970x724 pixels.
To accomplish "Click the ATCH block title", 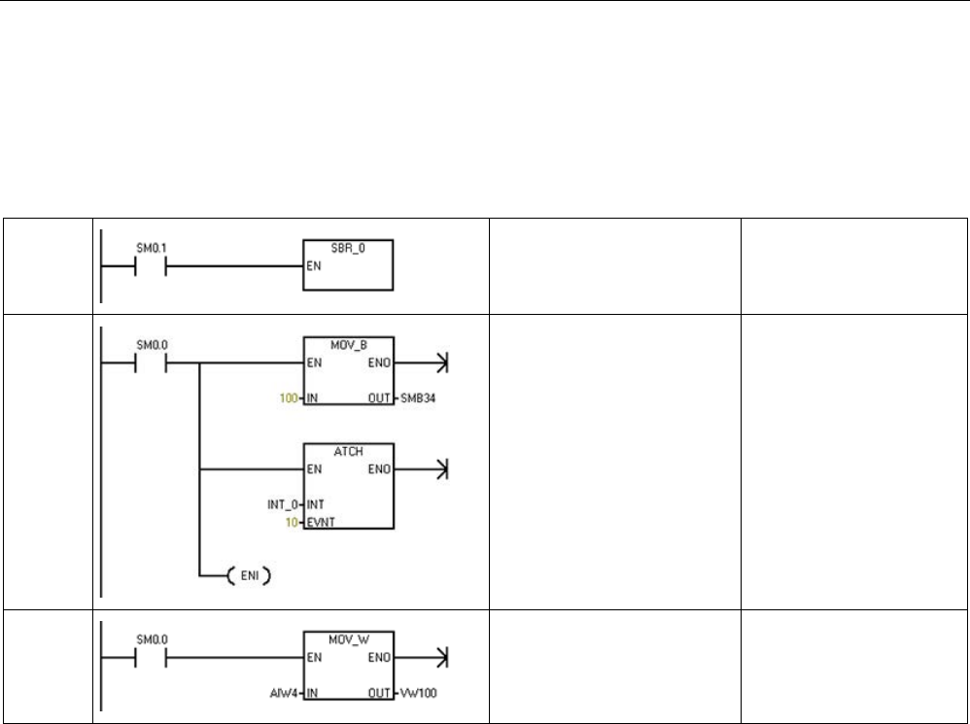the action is [x=348, y=452].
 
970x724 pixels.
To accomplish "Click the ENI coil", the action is [x=248, y=575].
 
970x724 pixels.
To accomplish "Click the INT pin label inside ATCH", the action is [x=317, y=504].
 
